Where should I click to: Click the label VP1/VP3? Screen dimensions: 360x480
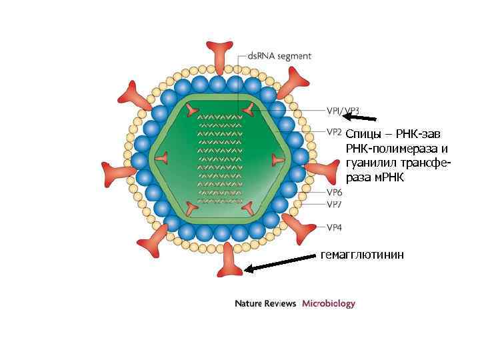point(343,111)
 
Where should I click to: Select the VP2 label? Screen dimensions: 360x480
point(334,131)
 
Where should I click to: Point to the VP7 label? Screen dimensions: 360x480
point(335,204)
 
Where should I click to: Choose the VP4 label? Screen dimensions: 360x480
point(335,227)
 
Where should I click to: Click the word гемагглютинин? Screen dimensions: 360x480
point(362,255)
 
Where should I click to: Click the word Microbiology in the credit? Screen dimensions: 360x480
point(329,303)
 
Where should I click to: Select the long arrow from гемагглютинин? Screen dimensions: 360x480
point(280,263)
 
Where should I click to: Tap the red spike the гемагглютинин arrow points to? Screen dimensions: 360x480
point(231,260)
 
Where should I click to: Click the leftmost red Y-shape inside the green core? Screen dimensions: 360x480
point(162,158)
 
